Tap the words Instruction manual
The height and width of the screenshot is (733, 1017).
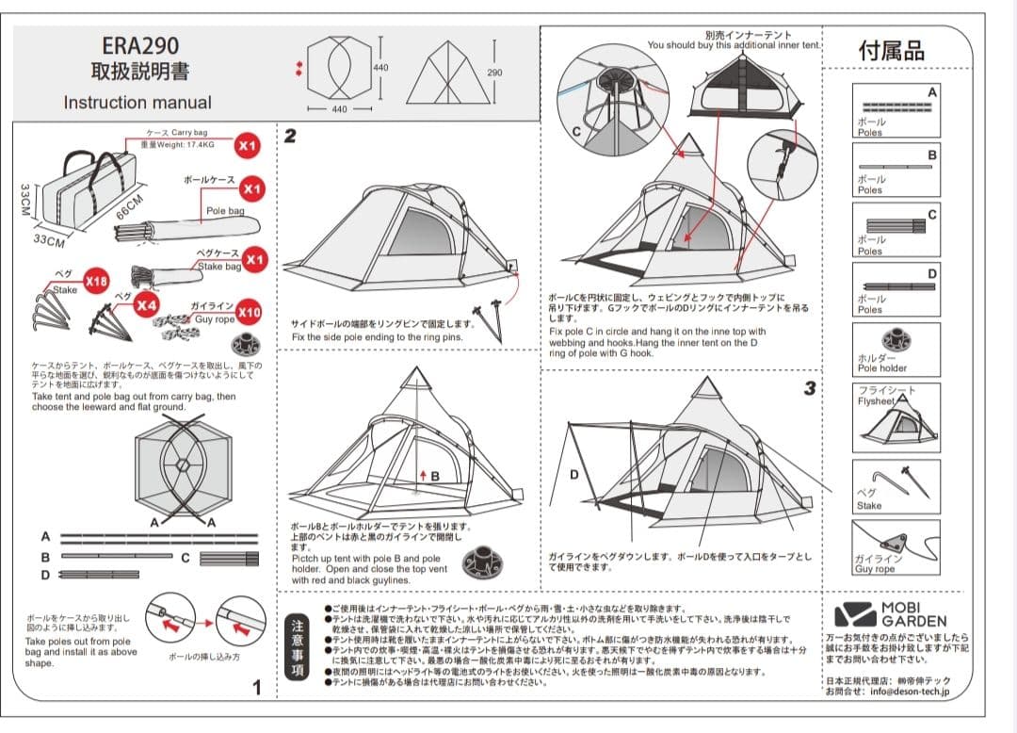[x=137, y=103]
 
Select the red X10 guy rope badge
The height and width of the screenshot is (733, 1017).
[x=249, y=312]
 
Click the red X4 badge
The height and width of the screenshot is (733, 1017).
[x=145, y=305]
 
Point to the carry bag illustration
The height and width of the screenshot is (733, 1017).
[x=86, y=194]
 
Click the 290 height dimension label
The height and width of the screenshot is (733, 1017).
[x=495, y=73]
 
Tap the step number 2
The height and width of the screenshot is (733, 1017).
[x=290, y=137]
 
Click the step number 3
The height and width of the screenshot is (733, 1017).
[x=809, y=389]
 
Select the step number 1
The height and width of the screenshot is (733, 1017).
[x=257, y=688]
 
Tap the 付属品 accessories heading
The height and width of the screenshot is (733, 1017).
[x=891, y=51]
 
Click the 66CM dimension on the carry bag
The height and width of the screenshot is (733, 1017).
[x=129, y=206]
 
